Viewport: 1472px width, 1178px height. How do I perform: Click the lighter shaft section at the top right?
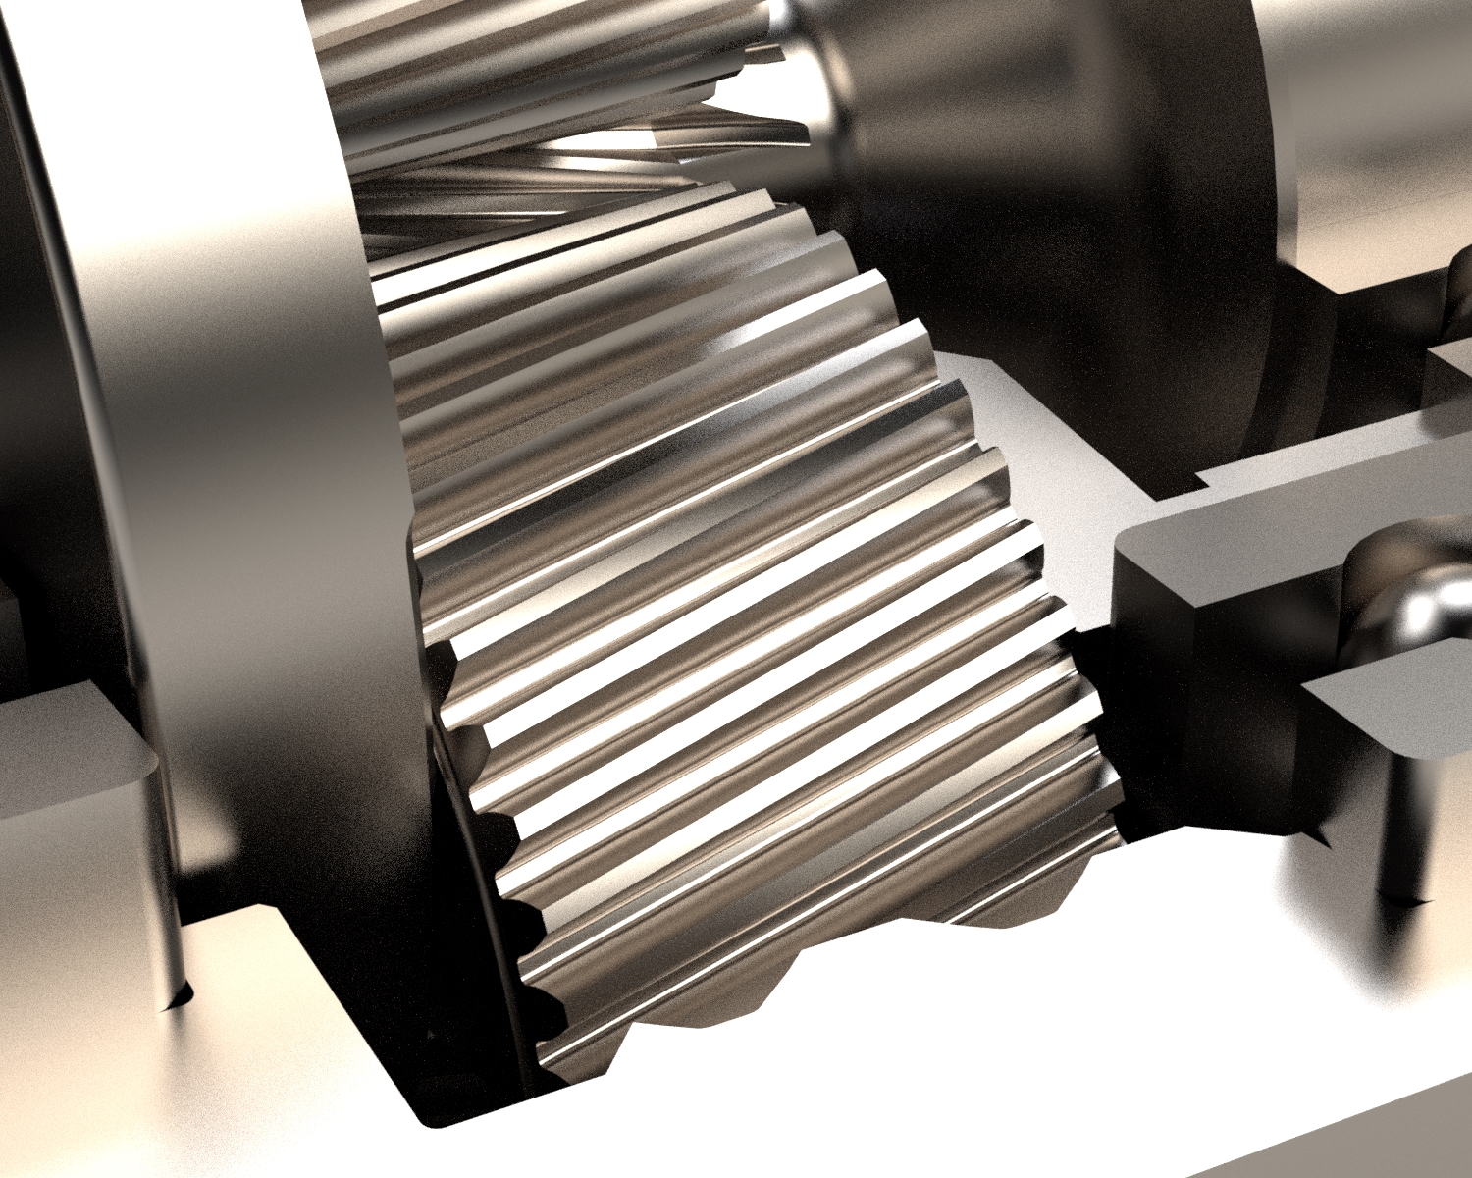[1374, 128]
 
